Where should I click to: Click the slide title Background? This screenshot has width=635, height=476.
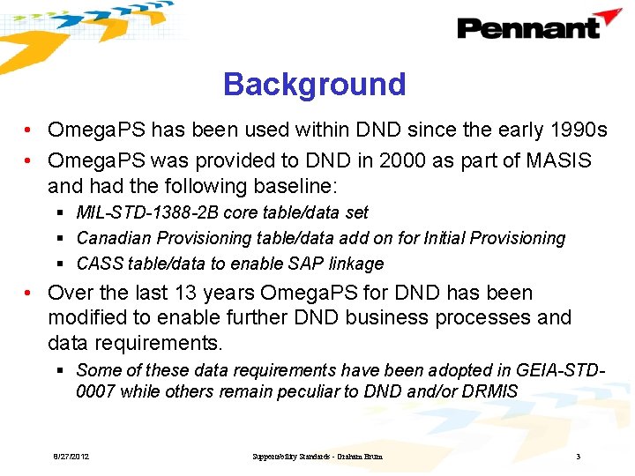(314, 85)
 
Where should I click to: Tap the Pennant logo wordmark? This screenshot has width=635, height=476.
(527, 28)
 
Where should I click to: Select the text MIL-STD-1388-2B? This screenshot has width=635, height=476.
(148, 212)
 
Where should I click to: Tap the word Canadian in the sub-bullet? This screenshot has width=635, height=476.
(112, 238)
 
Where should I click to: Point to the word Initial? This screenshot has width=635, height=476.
(459, 238)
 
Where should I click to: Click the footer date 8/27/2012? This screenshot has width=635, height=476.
(71, 457)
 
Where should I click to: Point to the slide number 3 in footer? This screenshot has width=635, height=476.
(577, 457)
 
